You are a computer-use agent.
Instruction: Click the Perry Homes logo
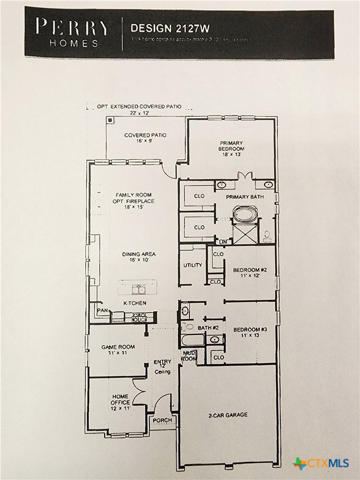[73, 32]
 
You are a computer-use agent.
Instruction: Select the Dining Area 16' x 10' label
[139, 257]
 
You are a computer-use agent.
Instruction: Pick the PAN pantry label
[102, 310]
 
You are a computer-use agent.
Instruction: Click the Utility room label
[193, 265]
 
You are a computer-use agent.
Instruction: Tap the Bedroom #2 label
[250, 273]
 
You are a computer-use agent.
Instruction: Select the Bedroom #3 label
[250, 332]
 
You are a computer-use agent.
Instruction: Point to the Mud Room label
[189, 355]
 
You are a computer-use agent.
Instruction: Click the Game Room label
[118, 350]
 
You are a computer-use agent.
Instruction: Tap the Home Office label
[120, 402]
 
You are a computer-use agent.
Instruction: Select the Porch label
[162, 420]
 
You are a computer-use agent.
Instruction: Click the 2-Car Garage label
[228, 415]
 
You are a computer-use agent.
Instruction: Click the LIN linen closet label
[223, 242]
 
